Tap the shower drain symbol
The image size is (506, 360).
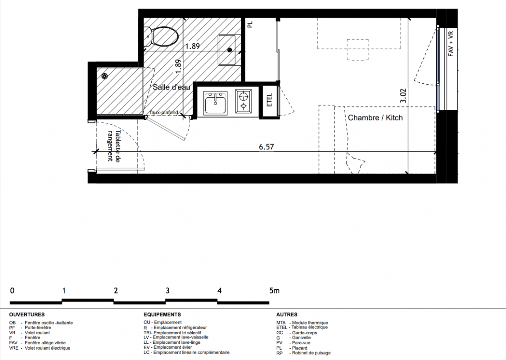[x=104, y=76]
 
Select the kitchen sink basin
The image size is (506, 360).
[x=216, y=103]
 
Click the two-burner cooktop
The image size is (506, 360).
[x=244, y=101]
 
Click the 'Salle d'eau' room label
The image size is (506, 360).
[x=172, y=87]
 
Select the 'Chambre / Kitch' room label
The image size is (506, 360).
[x=375, y=118]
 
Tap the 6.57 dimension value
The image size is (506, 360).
[x=266, y=147]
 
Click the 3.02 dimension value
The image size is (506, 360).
[x=403, y=96]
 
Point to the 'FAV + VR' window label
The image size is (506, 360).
[x=451, y=44]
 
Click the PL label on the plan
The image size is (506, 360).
[x=250, y=24]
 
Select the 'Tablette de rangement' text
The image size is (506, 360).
[x=113, y=146]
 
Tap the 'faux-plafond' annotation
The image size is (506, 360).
[x=164, y=112]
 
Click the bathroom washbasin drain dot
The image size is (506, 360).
[x=230, y=49]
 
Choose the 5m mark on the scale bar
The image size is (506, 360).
[x=274, y=291]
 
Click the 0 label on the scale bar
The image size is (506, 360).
[x=12, y=291]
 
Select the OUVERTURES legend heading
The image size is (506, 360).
[x=27, y=315]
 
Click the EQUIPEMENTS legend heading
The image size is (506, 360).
[x=163, y=315]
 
